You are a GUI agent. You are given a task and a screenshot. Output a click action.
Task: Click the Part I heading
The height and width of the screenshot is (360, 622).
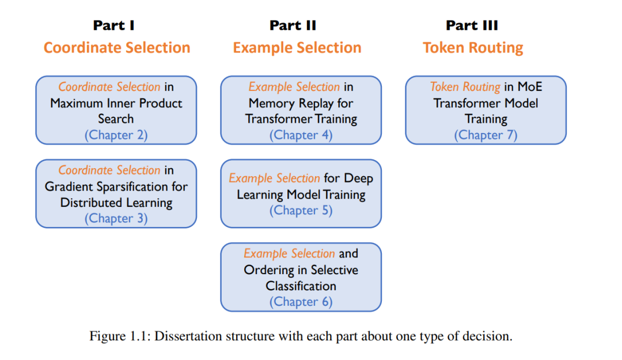[x=114, y=25]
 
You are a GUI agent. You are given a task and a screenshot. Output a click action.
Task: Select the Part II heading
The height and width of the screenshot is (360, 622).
[x=293, y=25]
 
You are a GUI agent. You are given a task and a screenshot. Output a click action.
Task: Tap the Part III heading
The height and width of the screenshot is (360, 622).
[x=472, y=25]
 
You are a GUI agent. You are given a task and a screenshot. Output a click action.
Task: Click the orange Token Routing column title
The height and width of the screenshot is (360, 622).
[x=473, y=48]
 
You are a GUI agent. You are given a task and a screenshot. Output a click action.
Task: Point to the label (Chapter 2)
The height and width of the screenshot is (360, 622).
[x=116, y=135]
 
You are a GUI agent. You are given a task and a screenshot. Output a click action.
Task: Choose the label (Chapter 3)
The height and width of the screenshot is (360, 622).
[x=116, y=218]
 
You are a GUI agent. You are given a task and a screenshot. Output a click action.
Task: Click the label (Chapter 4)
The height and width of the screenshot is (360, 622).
[x=301, y=135]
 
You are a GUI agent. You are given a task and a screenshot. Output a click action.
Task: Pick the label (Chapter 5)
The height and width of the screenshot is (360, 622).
[x=301, y=210]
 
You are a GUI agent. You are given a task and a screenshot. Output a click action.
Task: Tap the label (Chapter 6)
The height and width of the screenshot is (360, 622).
[x=301, y=302]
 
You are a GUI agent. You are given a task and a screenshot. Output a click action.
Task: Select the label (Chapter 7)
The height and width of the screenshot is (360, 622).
[x=486, y=135]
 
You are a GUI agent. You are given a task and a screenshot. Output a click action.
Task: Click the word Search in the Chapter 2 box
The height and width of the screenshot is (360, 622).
[x=116, y=119]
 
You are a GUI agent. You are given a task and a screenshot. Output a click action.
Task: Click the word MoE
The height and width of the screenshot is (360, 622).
[x=530, y=86]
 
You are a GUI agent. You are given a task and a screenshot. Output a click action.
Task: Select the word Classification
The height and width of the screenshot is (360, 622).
[x=301, y=286]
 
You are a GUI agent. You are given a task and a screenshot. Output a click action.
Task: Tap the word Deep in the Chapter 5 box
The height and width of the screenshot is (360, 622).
[x=359, y=179]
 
